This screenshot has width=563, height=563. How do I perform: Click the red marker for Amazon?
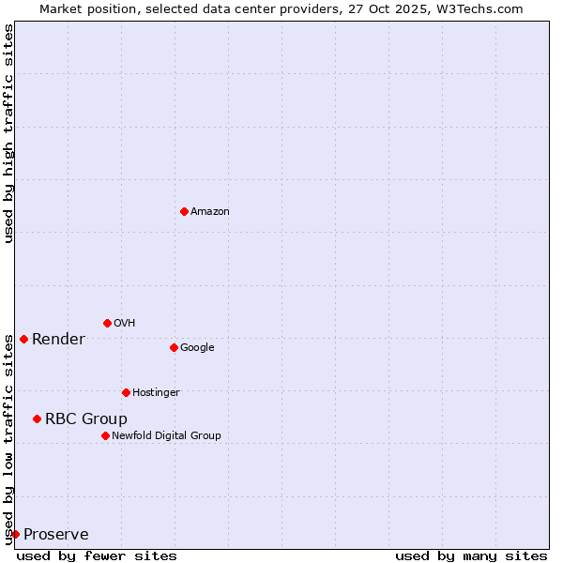[184, 211]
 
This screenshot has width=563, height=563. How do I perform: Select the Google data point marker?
[174, 347]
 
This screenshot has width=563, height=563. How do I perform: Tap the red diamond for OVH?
[107, 323]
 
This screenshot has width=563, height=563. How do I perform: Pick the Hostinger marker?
[126, 392]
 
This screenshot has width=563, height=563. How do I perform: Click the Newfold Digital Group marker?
[105, 435]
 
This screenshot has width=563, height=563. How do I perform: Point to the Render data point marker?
[23, 339]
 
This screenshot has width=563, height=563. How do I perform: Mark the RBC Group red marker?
[37, 418]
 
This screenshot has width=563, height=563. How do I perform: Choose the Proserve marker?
[15, 534]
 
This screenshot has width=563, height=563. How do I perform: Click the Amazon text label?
[210, 212]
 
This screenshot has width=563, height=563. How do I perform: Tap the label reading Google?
[197, 348]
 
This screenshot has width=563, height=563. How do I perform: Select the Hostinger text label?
[156, 393]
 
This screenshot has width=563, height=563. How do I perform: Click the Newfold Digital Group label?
[166, 436]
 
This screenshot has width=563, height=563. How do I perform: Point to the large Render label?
[58, 340]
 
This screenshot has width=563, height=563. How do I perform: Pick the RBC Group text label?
[86, 419]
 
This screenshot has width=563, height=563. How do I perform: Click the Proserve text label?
[56, 535]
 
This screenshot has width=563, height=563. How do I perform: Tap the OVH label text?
[124, 324]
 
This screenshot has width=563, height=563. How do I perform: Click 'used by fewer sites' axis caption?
[97, 555]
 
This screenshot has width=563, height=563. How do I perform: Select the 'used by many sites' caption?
[471, 555]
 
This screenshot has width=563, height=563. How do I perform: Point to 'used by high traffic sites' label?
[8, 133]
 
